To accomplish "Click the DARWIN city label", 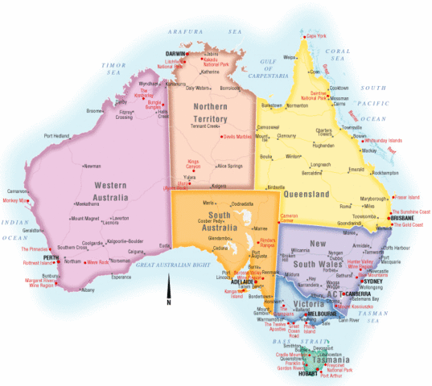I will [x=176, y=54].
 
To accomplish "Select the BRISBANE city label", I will [x=402, y=218].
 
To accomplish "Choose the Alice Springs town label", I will [x=228, y=166].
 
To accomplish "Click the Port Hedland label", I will [x=59, y=136].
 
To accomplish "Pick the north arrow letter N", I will [x=168, y=302].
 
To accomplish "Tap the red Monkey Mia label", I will [x=15, y=200].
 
